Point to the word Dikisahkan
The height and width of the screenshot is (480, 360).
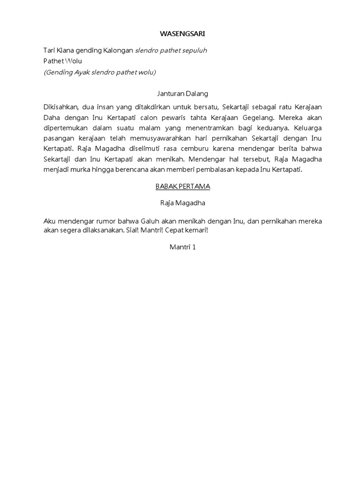61,107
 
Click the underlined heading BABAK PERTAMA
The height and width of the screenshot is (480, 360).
182,187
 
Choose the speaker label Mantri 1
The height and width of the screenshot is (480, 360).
182,247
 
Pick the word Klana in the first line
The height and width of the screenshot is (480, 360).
64,51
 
